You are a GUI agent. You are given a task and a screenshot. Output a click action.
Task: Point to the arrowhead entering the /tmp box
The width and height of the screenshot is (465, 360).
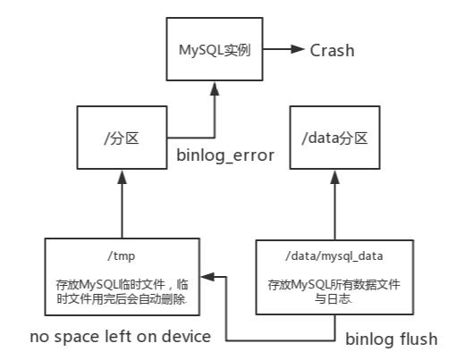[x=207, y=276]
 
